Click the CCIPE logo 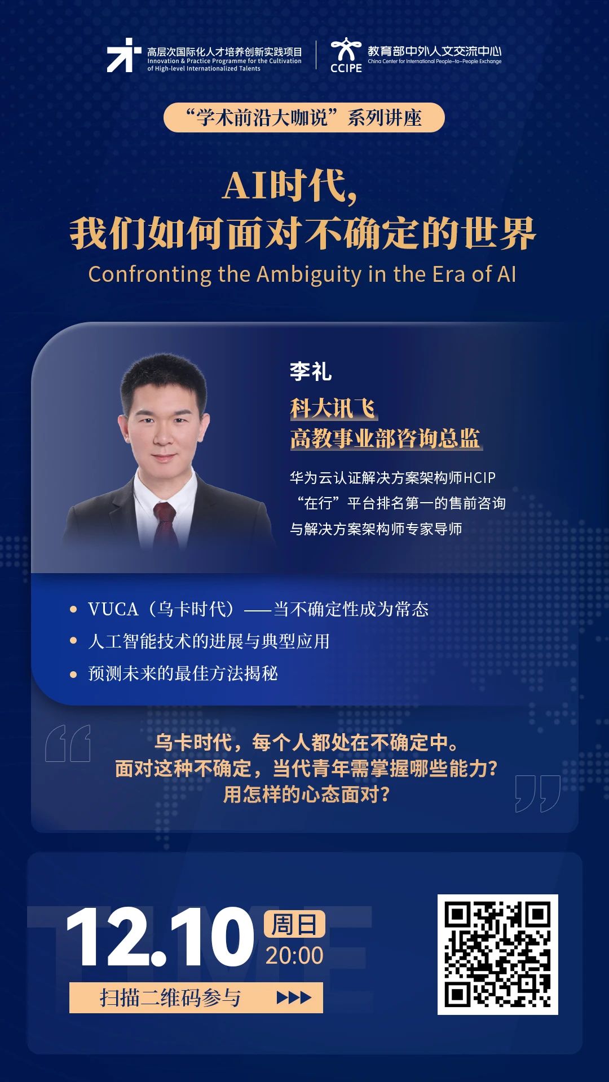(346, 55)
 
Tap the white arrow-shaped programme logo (123, 55)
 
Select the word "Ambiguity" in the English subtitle (309, 274)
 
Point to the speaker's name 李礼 (311, 371)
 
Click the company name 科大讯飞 (333, 408)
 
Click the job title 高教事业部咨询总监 (386, 438)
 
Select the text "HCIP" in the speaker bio (479, 478)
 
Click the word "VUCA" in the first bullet (113, 609)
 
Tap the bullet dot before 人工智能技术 (73, 641)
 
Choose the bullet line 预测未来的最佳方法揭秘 (183, 673)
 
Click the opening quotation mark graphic (68, 743)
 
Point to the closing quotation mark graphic (538, 793)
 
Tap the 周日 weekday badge (294, 924)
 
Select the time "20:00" (294, 955)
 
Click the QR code (498, 955)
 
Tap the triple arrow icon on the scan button (294, 997)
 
